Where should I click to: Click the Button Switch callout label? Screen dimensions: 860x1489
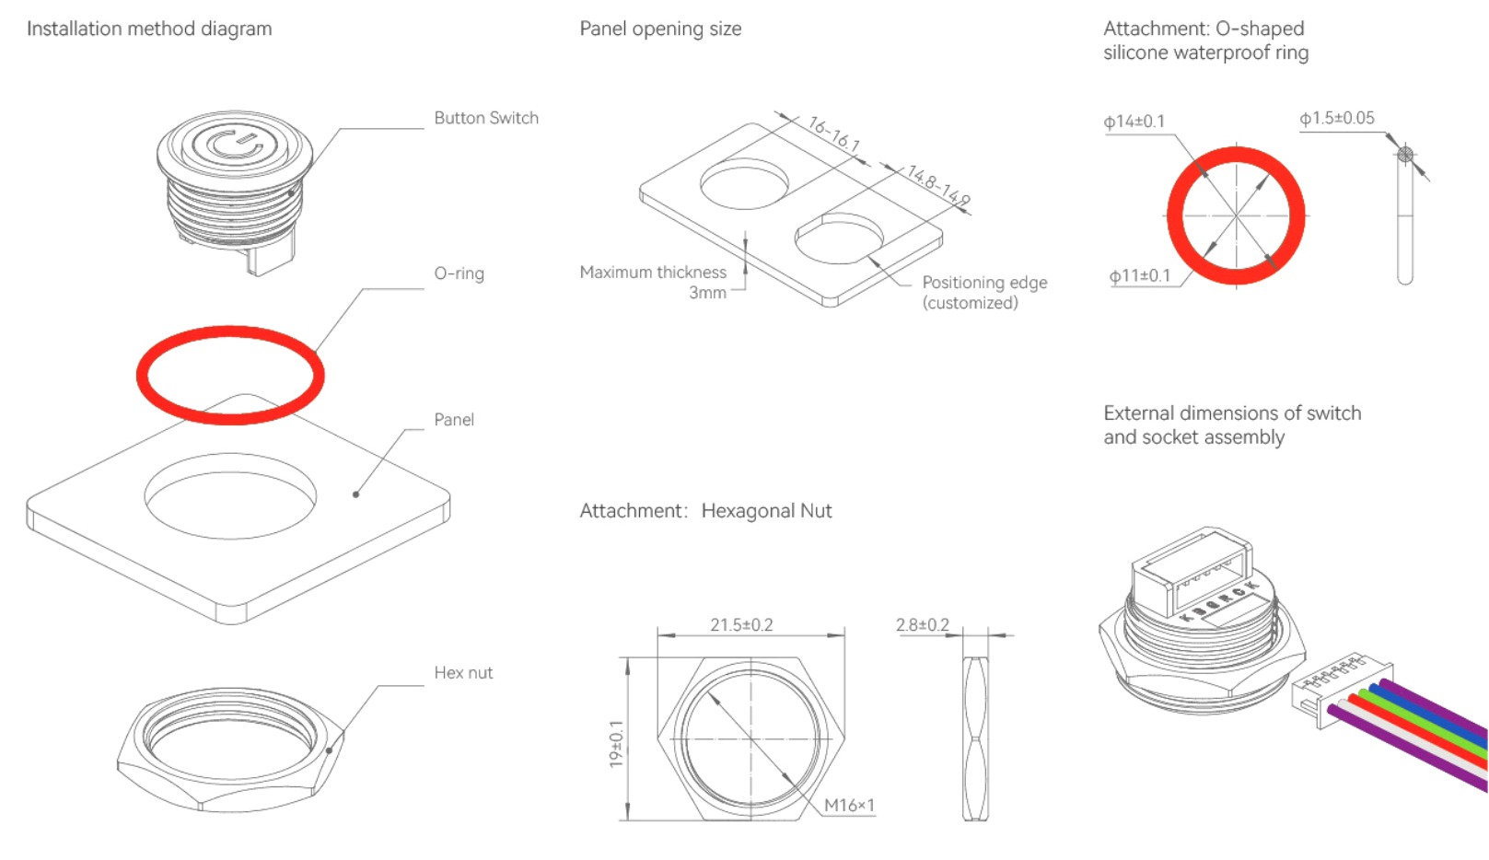click(486, 118)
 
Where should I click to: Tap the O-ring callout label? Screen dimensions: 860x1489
click(459, 273)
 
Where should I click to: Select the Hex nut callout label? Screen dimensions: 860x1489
click(463, 673)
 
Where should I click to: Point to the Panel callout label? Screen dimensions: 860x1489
click(454, 420)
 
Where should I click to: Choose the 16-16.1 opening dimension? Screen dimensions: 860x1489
click(833, 134)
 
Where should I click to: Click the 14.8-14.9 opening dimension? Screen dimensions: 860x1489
click(937, 185)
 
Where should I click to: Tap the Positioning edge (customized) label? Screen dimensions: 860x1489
click(983, 293)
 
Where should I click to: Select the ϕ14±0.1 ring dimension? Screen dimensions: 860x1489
click(1134, 122)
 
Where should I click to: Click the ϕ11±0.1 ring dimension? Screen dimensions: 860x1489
click(1139, 276)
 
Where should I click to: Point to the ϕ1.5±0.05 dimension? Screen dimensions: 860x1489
click(1336, 119)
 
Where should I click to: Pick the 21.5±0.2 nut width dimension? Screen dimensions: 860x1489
click(741, 625)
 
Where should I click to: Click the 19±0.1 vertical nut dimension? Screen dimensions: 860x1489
click(616, 743)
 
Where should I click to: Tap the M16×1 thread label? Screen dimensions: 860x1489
click(849, 806)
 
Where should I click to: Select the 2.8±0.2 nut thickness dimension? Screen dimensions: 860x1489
click(922, 625)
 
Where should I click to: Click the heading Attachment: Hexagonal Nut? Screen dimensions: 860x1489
click(705, 511)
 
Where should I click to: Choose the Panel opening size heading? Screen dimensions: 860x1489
click(660, 29)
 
